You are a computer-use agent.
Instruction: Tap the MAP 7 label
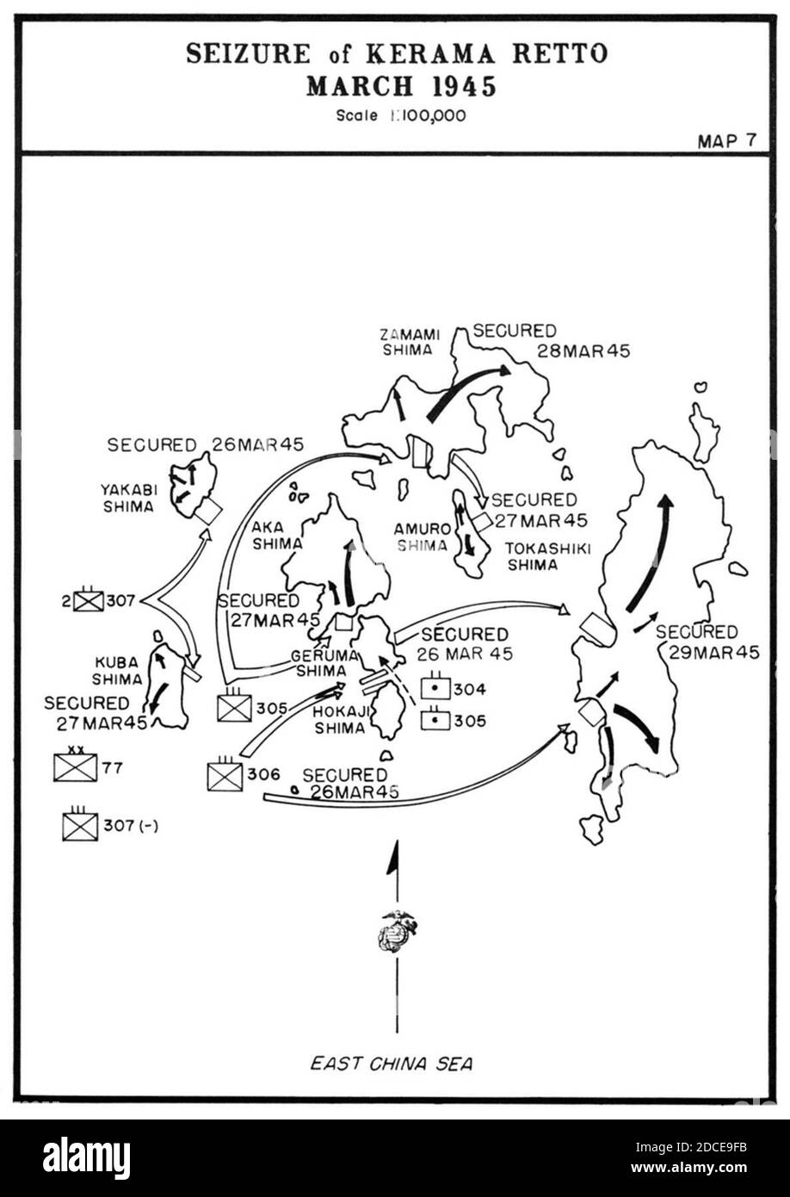click(x=727, y=140)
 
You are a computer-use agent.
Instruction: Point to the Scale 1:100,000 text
click(x=401, y=115)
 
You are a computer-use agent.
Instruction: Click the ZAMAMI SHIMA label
click(x=410, y=342)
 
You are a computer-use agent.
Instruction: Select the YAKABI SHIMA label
click(x=129, y=498)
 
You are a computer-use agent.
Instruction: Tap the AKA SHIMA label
click(x=277, y=536)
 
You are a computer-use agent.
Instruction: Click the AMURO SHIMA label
click(x=423, y=537)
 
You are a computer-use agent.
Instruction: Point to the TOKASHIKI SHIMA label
click(x=547, y=556)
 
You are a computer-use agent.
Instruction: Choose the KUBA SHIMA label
click(x=117, y=671)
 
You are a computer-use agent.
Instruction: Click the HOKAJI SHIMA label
click(x=340, y=720)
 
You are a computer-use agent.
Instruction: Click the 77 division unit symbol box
click(x=76, y=767)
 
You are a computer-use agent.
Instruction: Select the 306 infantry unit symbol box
click(x=225, y=774)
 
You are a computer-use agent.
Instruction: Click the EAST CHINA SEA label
click(x=392, y=1064)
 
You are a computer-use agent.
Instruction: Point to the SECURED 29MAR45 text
click(x=707, y=642)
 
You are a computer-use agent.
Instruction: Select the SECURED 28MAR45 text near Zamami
click(x=551, y=341)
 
